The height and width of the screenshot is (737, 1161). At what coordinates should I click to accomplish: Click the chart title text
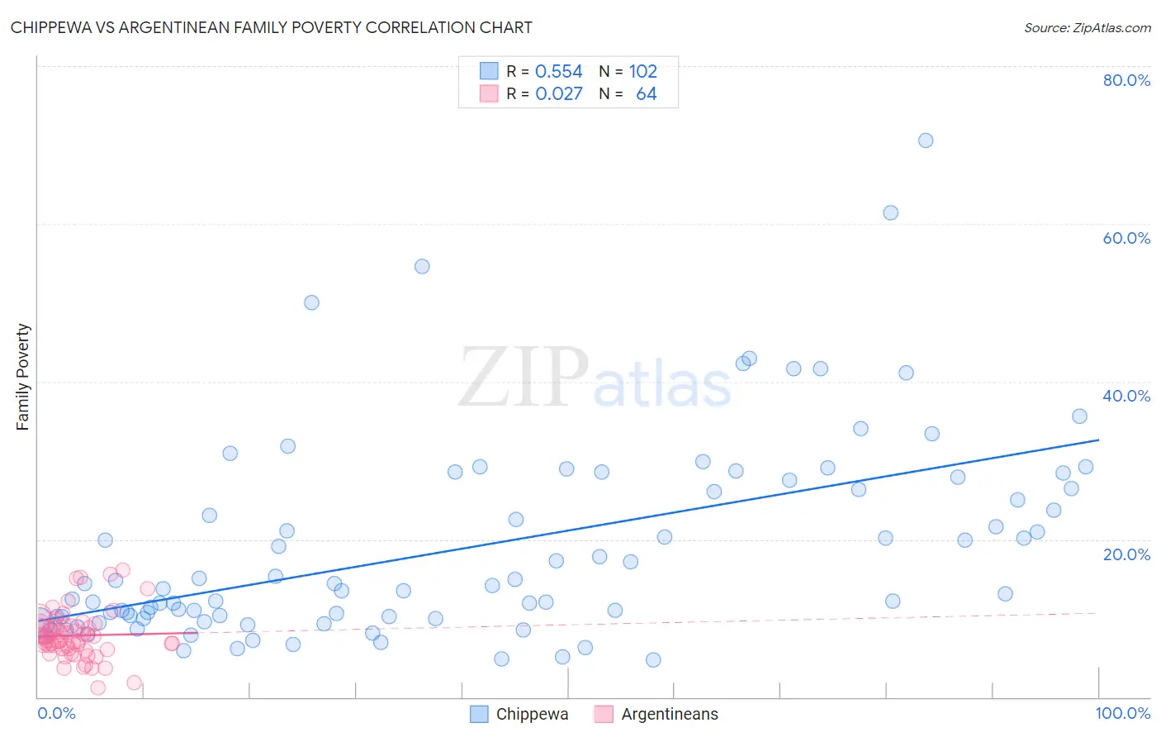271,27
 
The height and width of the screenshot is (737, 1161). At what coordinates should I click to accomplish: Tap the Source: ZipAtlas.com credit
1087,27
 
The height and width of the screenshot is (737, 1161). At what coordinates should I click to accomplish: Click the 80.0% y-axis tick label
1126,80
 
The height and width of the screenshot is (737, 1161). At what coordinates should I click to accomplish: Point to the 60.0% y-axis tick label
1126,238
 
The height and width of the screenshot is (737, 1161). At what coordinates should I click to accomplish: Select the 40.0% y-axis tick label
1126,396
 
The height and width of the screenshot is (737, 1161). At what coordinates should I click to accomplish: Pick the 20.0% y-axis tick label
1126,554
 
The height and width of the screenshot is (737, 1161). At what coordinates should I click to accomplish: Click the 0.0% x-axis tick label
56,713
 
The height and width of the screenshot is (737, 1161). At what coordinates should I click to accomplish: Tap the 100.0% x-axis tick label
1122,713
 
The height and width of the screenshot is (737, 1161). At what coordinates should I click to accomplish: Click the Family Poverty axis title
23,377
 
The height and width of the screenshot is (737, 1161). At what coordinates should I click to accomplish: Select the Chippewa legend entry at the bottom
519,714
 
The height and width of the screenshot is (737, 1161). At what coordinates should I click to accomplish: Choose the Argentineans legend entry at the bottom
656,714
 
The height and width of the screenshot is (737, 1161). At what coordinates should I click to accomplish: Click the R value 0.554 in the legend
558,72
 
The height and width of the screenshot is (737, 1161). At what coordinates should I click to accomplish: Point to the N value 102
642,72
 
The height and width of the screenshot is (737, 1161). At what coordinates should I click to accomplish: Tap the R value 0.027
558,94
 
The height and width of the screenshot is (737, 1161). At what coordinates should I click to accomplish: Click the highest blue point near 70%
926,140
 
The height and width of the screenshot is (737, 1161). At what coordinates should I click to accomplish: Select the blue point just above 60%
890,212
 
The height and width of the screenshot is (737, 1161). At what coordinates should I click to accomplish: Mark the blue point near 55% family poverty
422,266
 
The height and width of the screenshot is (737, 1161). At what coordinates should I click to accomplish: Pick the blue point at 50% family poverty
311,302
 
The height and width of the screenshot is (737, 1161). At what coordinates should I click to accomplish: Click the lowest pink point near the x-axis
97,687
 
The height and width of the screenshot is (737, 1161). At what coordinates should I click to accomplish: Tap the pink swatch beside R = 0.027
489,94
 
